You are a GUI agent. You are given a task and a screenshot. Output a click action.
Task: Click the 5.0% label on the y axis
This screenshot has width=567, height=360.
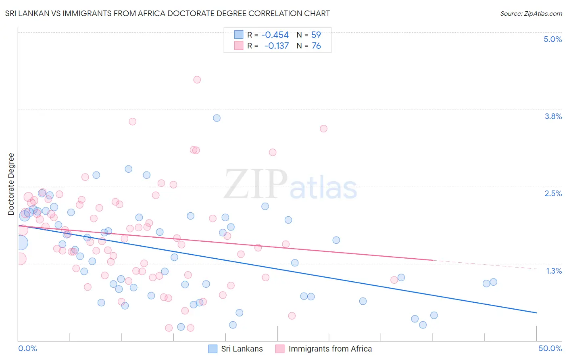pos(552,39)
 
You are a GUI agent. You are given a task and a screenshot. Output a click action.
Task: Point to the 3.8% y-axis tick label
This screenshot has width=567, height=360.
pos(553,116)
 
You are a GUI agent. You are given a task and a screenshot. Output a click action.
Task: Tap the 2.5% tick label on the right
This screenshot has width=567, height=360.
pos(553,193)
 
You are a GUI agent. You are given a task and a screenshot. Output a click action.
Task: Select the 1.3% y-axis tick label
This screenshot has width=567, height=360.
pos(554,271)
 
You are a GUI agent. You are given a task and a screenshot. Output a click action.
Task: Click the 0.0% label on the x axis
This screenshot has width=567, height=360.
pos(27,348)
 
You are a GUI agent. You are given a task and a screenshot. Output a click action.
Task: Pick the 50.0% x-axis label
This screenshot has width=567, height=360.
pos(550,348)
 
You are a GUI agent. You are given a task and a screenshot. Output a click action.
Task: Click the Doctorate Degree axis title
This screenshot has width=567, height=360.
pos(11,184)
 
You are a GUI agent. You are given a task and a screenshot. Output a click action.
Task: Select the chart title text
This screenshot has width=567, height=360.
pos(167,13)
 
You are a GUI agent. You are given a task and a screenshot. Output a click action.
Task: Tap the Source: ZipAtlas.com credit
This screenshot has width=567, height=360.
pos(531,13)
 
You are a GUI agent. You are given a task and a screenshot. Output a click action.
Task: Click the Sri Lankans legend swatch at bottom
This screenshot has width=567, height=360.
pos(213,349)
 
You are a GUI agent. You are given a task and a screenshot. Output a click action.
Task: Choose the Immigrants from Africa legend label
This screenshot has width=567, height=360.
pos(330,349)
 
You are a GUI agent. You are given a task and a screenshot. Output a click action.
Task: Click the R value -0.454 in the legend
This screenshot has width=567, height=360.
pos(275,35)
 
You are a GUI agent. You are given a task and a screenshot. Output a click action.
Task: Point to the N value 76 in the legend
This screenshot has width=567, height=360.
pos(316,46)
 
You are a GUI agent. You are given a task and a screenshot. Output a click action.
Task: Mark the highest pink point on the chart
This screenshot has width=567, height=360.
pos(197,80)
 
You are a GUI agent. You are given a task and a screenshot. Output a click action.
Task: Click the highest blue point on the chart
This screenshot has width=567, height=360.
pos(217,118)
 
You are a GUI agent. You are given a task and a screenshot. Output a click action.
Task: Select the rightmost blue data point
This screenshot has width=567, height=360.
pos(493,282)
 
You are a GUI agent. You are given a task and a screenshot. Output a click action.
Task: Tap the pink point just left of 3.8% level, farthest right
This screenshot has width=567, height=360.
pos(323,129)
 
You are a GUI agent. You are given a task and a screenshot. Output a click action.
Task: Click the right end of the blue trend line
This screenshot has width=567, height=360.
pos(536,313)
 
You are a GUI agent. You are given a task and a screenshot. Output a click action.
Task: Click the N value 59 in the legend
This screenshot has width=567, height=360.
pos(316,35)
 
